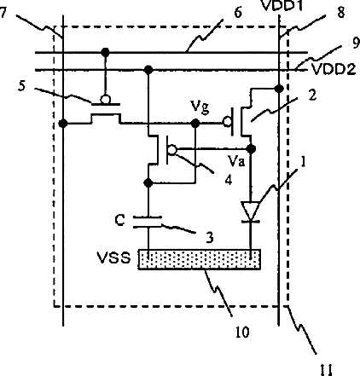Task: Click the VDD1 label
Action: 282,6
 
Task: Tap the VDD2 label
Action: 334,69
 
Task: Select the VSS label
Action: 114,257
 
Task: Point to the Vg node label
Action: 200,107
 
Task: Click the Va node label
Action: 236,161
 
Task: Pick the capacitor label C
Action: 119,220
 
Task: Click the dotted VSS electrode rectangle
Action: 200,259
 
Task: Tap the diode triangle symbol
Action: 250,211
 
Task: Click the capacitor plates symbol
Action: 148,222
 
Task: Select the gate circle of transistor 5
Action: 106,99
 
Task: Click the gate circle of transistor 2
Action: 227,123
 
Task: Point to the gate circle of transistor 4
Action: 172,149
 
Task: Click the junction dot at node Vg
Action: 195,124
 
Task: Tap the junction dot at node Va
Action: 251,148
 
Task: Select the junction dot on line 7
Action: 63,124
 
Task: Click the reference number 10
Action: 242,332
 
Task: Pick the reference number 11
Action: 326,369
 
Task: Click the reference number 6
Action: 238,13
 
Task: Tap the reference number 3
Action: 209,238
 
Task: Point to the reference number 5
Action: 21,86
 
